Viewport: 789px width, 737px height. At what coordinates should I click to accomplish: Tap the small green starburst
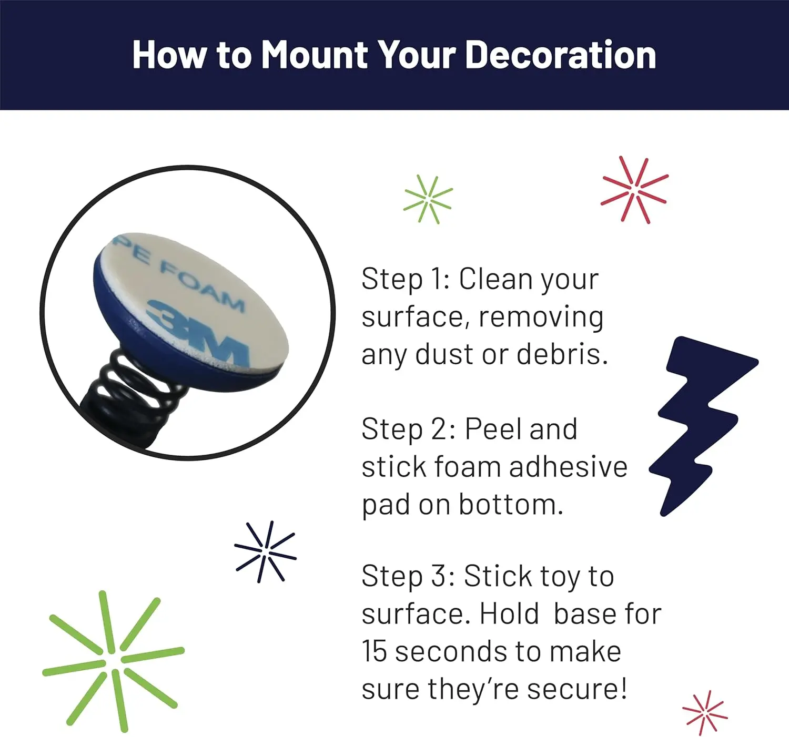point(428,199)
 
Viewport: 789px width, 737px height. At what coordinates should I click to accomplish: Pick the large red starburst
point(635,189)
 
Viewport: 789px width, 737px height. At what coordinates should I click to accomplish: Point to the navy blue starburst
point(266,552)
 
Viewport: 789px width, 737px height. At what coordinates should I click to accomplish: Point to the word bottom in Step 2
point(511,504)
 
